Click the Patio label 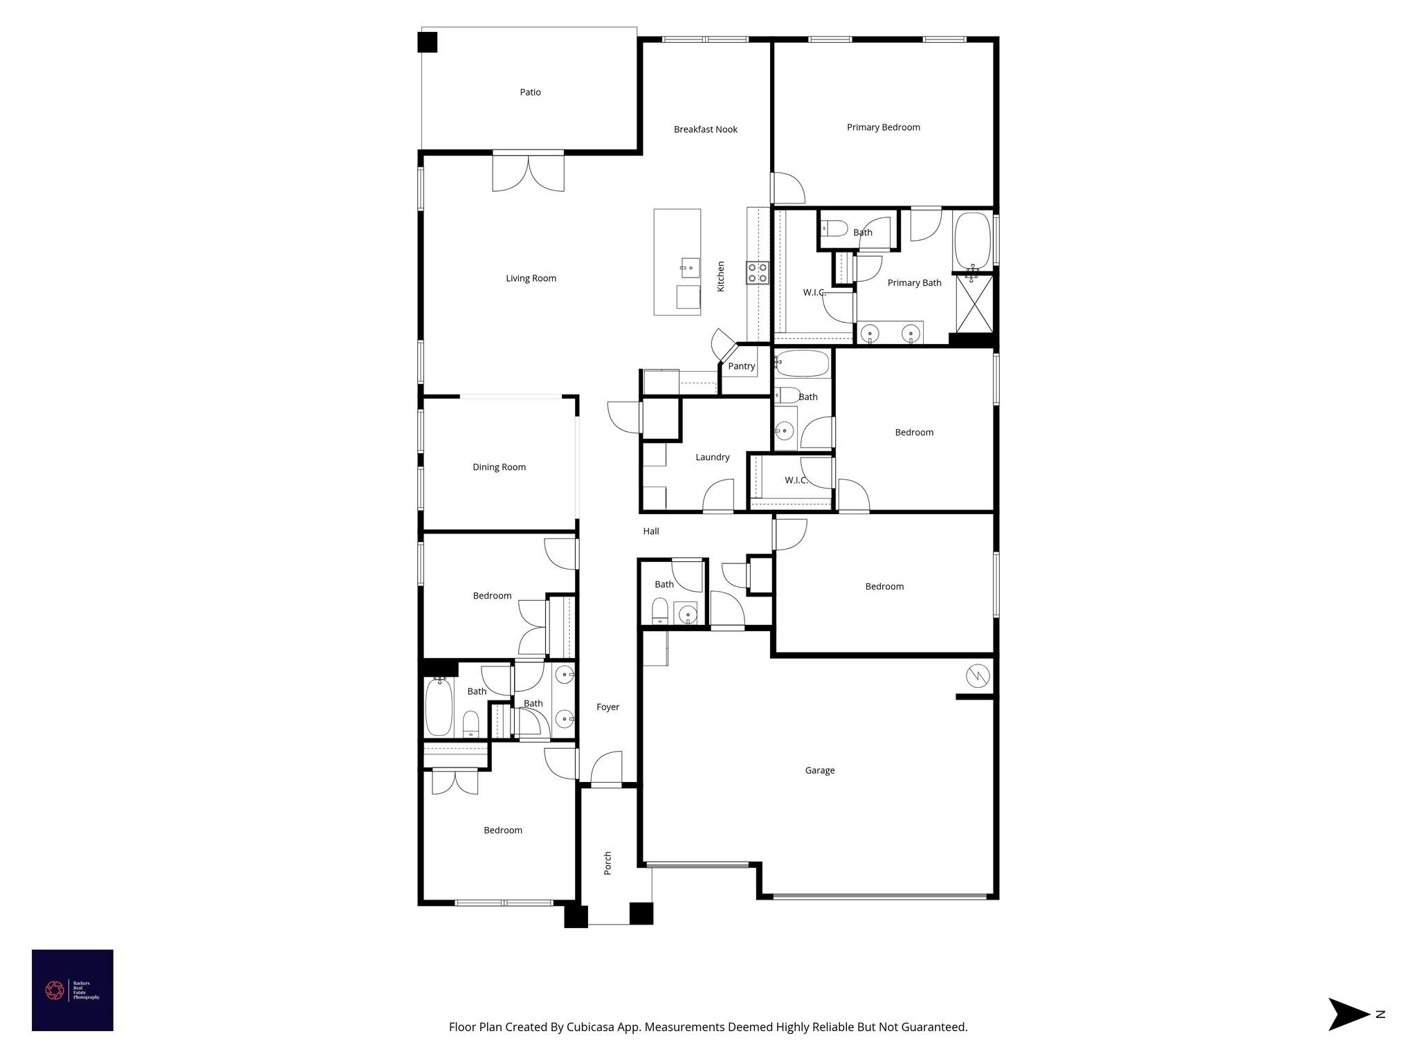point(530,92)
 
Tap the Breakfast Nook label point(705,129)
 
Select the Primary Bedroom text point(883,127)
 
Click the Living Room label point(531,278)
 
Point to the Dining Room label point(499,467)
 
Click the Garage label point(819,770)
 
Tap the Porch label point(607,863)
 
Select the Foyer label point(607,707)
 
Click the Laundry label point(712,457)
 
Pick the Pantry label point(741,366)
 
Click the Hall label point(650,531)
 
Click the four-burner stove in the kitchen point(758,273)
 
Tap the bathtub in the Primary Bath point(972,240)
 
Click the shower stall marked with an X point(974,304)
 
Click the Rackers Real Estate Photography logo point(72,990)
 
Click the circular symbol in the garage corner point(978,676)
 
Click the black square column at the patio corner point(428,42)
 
